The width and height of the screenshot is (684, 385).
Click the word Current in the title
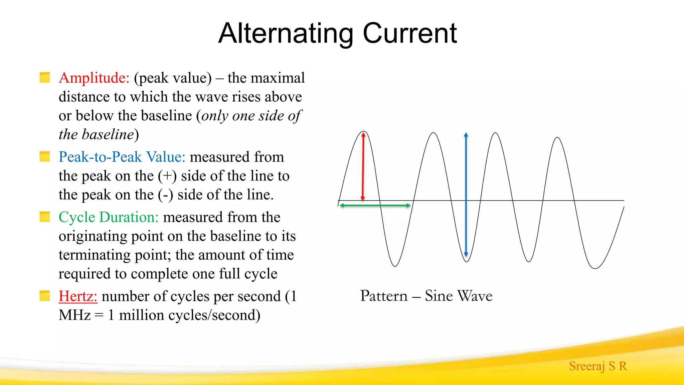(x=410, y=33)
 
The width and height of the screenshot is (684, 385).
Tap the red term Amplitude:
(x=94, y=78)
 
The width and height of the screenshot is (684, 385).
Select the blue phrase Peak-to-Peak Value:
(x=122, y=157)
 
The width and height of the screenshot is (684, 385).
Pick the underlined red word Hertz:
(x=78, y=296)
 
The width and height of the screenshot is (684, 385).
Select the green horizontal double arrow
(x=375, y=205)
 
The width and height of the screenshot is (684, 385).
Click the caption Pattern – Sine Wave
(x=426, y=296)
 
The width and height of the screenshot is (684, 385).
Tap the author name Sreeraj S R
(x=598, y=366)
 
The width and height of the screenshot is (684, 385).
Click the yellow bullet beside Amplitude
(x=45, y=78)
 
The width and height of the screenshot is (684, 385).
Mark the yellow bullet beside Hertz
(x=45, y=296)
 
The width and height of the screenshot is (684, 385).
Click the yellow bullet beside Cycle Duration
(x=45, y=217)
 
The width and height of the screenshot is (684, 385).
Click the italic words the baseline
(x=96, y=135)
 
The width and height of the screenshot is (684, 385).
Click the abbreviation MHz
(x=74, y=315)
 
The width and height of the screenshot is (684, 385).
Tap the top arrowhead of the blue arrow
(x=466, y=135)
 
